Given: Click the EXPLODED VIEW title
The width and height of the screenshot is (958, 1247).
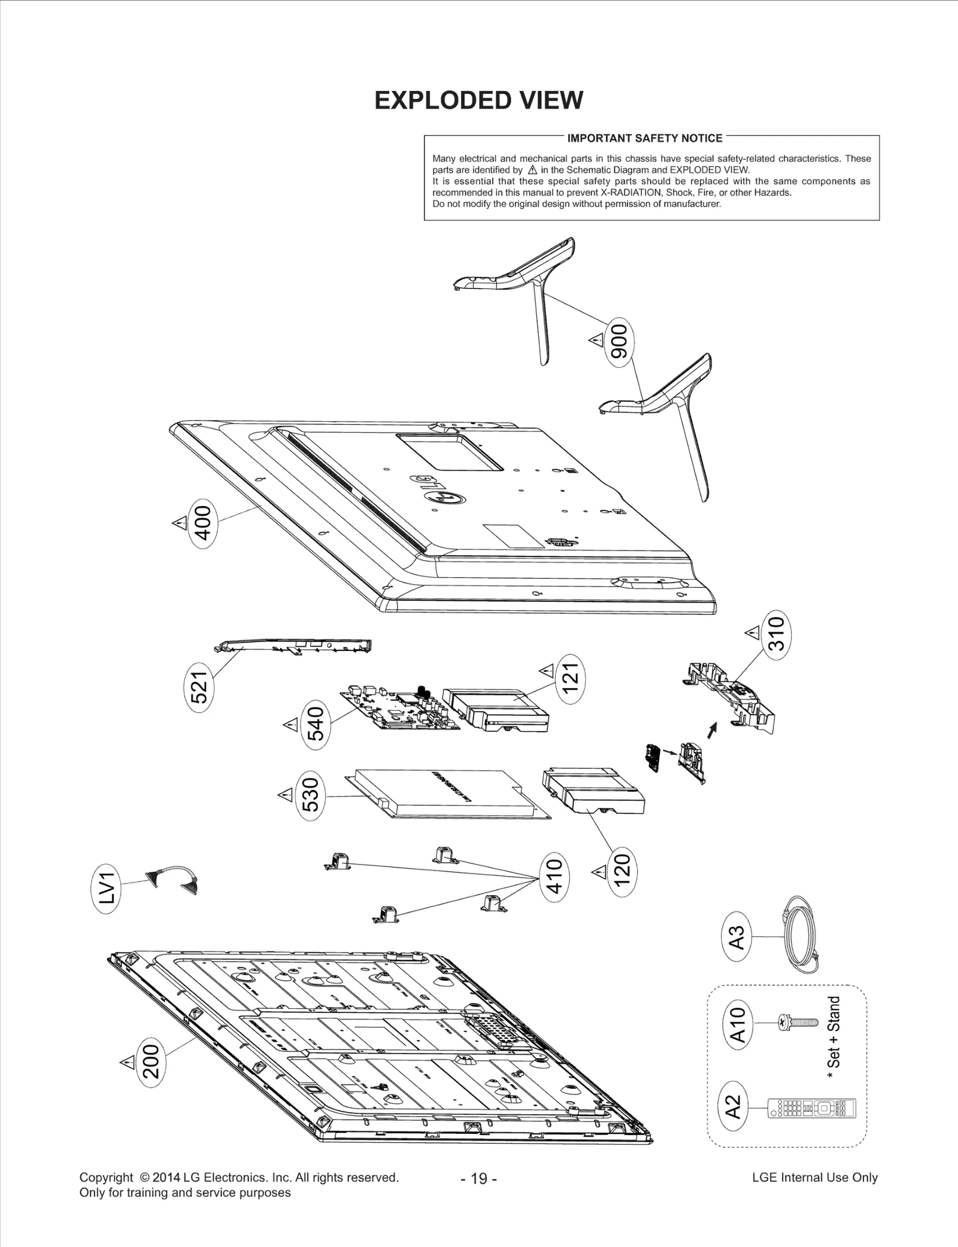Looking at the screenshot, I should click(478, 101).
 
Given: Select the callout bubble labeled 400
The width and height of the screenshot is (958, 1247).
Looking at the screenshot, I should click(203, 522).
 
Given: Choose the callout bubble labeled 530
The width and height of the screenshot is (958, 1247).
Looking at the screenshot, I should click(311, 795).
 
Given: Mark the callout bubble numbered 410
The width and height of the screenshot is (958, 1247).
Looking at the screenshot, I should click(554, 877).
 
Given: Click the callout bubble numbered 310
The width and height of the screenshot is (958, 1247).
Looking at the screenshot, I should click(776, 634).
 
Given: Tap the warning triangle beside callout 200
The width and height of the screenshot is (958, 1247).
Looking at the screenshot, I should click(127, 1063).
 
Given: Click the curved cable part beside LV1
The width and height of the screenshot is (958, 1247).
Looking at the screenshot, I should click(172, 878).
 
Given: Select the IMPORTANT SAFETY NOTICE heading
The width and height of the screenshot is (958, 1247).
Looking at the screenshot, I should click(644, 138).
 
